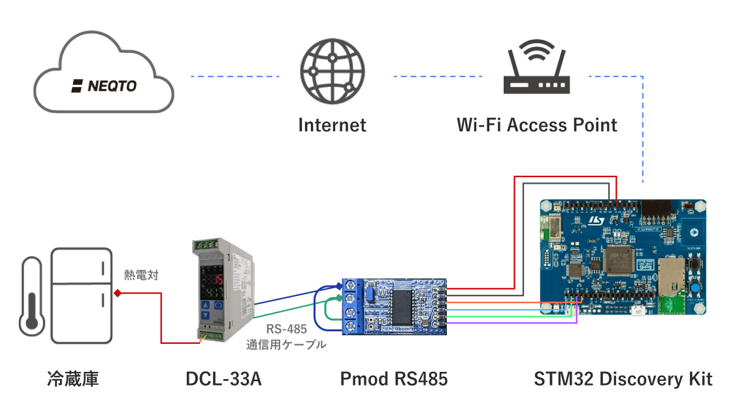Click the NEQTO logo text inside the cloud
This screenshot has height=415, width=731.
(104, 86)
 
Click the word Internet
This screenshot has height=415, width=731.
(332, 125)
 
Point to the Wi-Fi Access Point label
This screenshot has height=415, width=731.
(536, 125)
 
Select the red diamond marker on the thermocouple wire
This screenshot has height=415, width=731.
(118, 293)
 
